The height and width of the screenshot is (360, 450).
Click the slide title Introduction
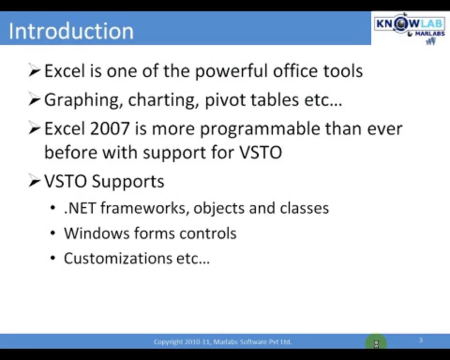point(71,31)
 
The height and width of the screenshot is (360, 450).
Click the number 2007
point(110,129)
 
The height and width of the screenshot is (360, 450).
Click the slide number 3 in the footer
point(421,340)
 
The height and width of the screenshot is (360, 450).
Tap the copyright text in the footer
point(223,342)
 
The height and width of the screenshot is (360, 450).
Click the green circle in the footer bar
point(376,343)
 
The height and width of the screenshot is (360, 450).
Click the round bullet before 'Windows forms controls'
point(53,233)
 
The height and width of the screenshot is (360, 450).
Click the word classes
point(304,208)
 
